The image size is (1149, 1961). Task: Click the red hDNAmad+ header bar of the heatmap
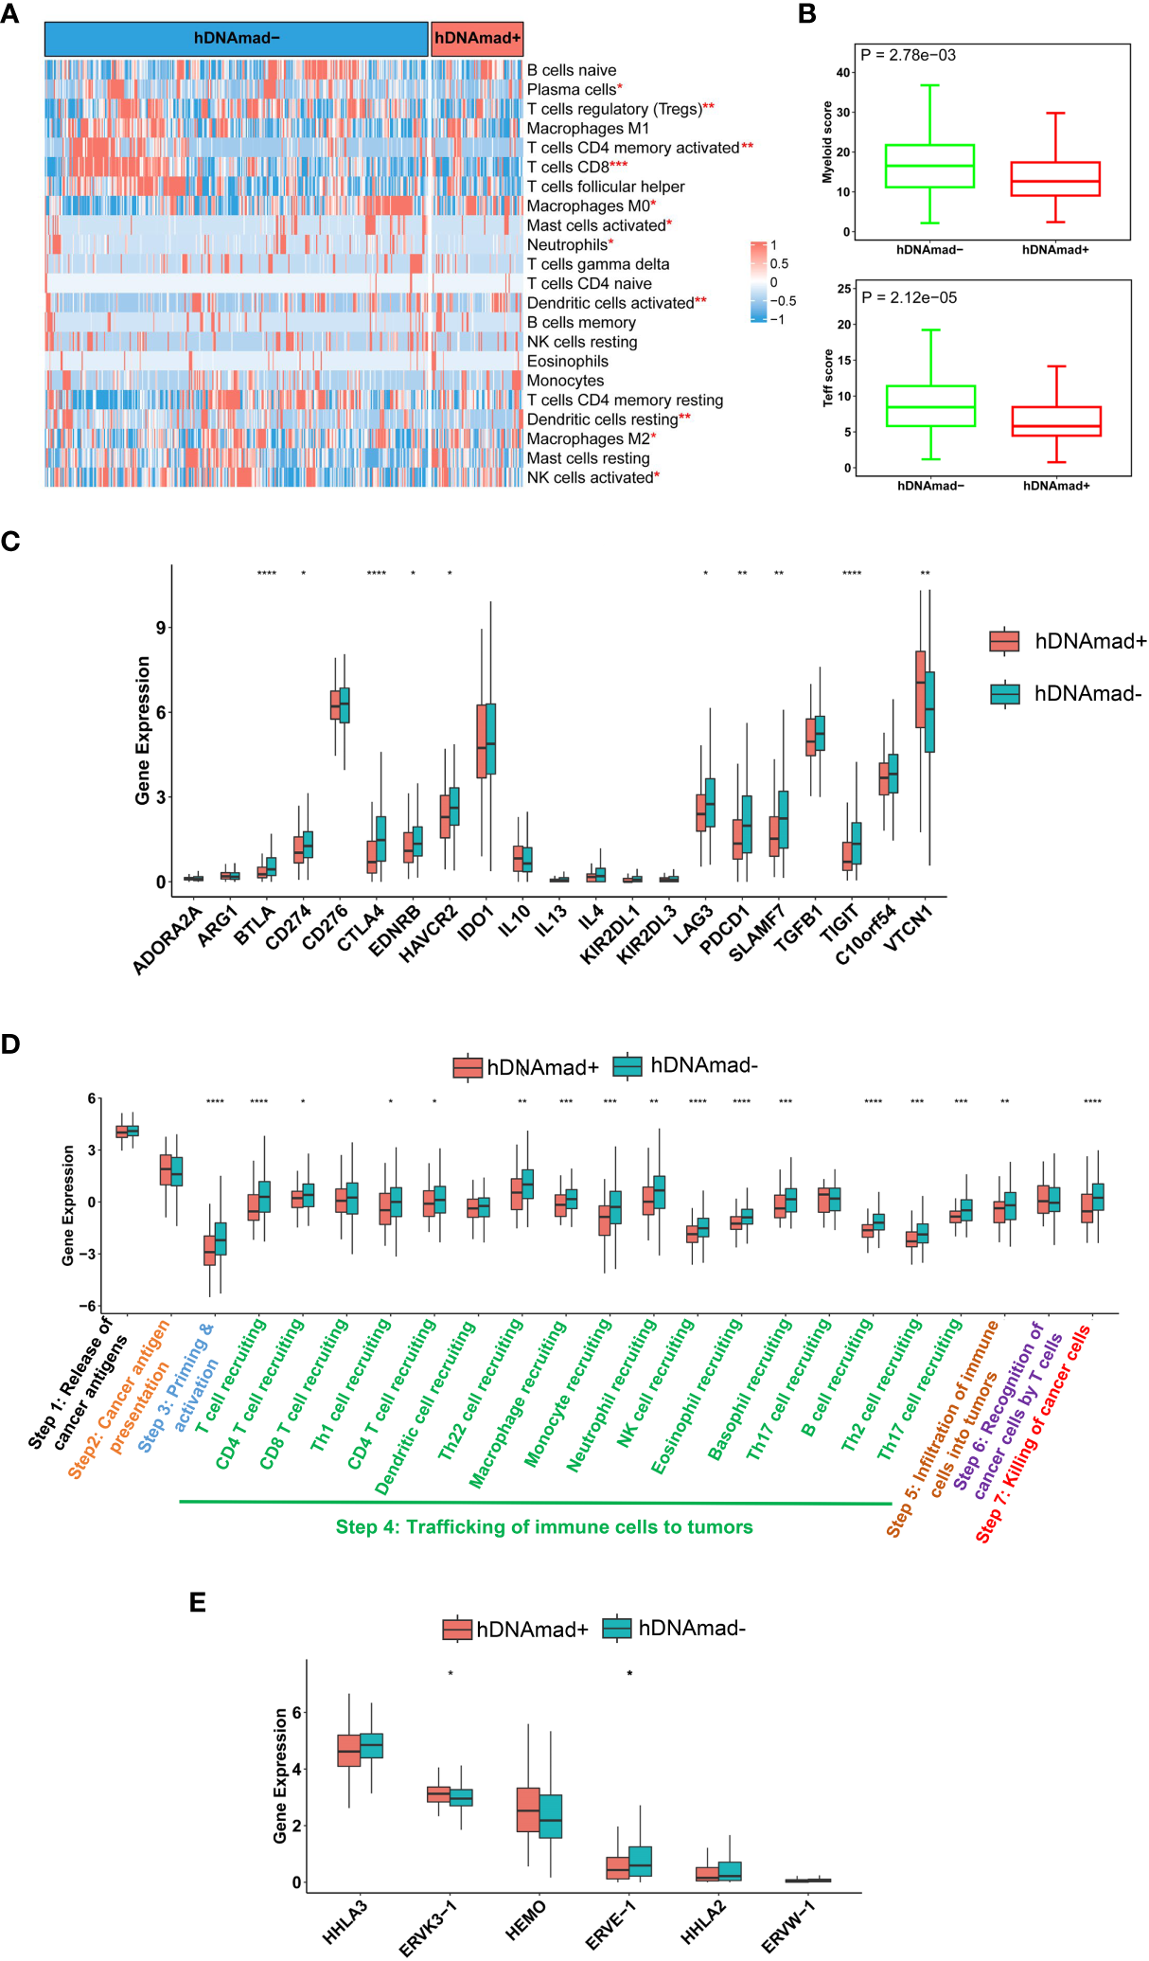tap(477, 39)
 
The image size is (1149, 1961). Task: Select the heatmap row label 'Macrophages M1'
tap(588, 128)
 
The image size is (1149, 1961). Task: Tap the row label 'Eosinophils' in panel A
tap(567, 361)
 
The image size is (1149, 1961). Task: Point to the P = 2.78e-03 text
tap(909, 55)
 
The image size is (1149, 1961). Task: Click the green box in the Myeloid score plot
tap(929, 166)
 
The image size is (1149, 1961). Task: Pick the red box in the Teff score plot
tap(1056, 421)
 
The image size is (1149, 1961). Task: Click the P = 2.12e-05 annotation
tap(909, 297)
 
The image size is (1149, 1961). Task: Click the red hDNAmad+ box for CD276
tap(335, 704)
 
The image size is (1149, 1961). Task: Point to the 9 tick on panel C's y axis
tap(161, 628)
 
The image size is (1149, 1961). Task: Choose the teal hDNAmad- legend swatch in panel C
tap(1004, 694)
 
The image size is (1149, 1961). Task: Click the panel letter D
tap(10, 1044)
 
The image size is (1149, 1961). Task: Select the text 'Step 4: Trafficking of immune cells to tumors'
tap(544, 1526)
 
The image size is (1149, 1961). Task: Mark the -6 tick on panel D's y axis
tap(93, 1306)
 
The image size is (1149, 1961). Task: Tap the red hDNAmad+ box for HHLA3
tap(348, 1751)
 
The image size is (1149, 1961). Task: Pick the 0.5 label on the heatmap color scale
tap(779, 264)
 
